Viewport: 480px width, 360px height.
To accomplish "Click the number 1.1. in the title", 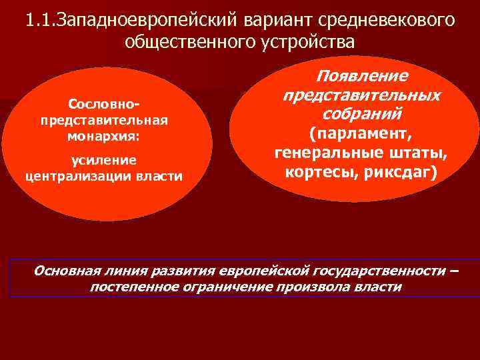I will pyautogui.click(x=41, y=20).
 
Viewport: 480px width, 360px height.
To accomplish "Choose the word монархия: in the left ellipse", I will pyautogui.click(x=104, y=134).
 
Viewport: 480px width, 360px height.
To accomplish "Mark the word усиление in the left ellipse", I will pyautogui.click(x=104, y=160).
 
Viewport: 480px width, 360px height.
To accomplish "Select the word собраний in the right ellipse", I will pyautogui.click(x=361, y=113).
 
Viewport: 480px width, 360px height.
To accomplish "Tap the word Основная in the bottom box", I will pyautogui.click(x=65, y=271).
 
